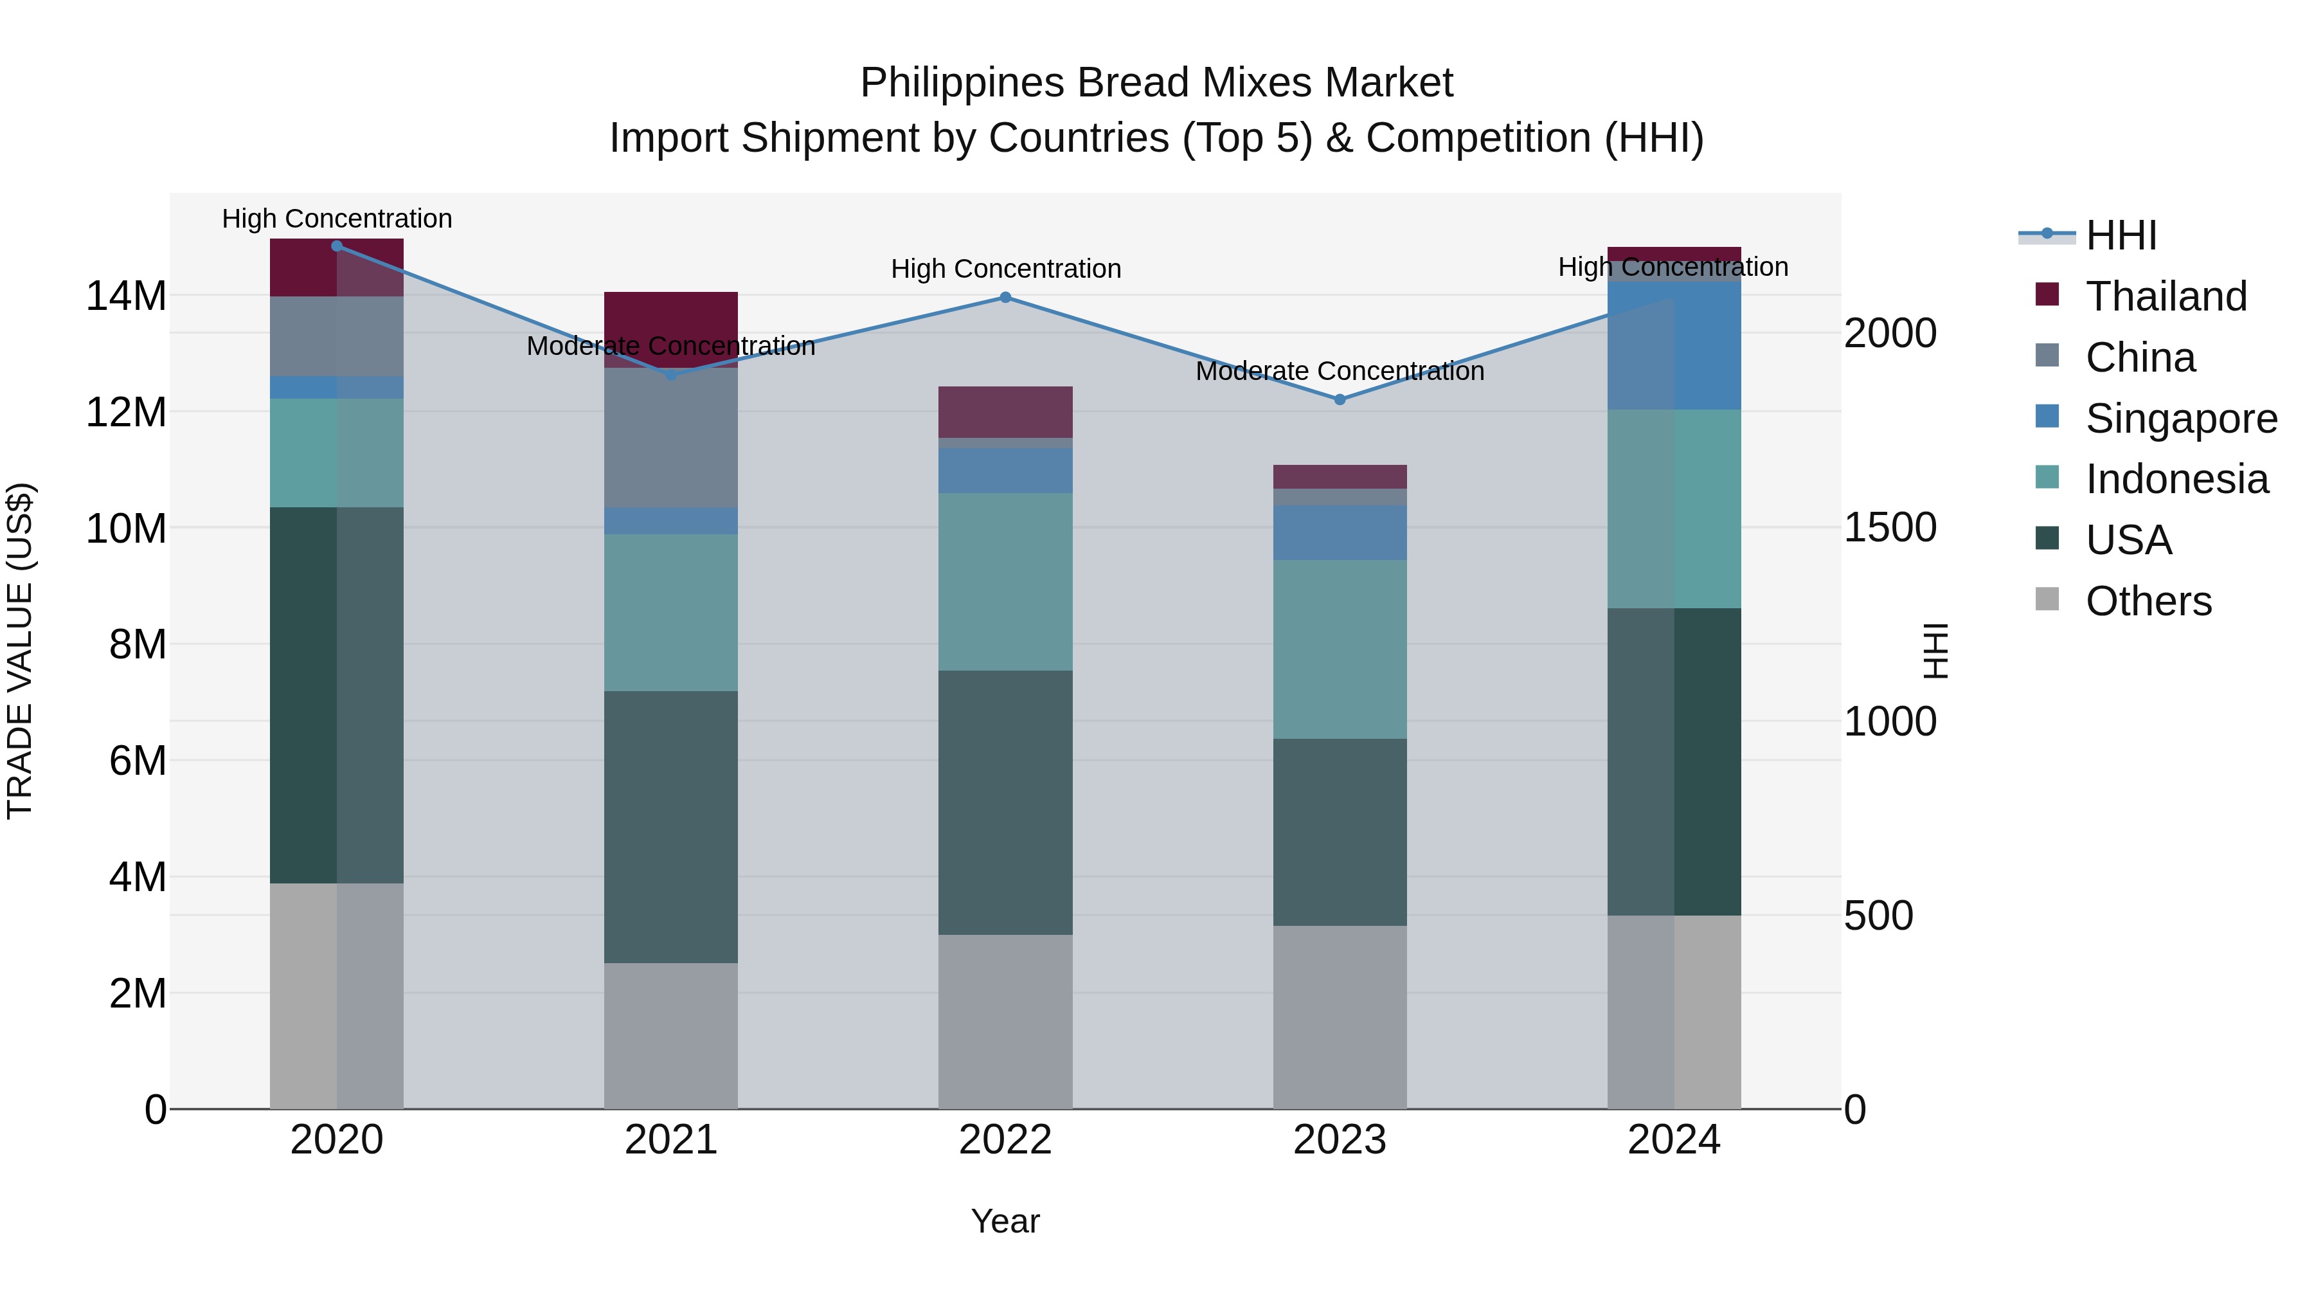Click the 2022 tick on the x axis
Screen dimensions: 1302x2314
click(x=1005, y=1140)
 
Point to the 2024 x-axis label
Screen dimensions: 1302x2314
click(x=1674, y=1140)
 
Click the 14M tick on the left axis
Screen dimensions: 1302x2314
click(x=126, y=296)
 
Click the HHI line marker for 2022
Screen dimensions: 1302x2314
click(x=1005, y=298)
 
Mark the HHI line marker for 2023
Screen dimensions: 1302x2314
click(x=1340, y=399)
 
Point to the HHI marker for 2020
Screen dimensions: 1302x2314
click(x=337, y=246)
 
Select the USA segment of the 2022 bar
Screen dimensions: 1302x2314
click(x=1005, y=802)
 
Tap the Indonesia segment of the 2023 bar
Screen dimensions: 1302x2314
click(x=1340, y=649)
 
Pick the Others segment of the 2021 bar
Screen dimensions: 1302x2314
click(x=671, y=1035)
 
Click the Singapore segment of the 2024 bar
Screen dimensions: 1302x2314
click(x=1674, y=346)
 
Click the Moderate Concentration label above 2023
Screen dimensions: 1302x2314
click(x=1340, y=371)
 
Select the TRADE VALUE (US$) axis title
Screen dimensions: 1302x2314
click(x=20, y=651)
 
